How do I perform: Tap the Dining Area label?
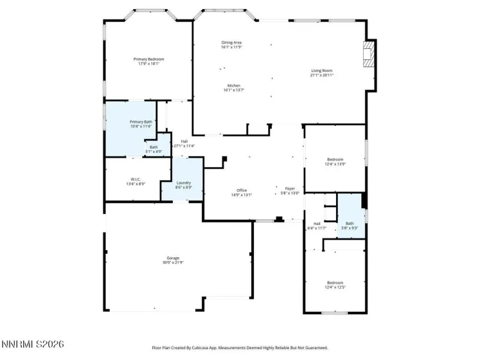point(231,42)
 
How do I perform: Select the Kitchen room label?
point(233,85)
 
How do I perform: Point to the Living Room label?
point(321,71)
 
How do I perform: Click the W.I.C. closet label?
point(136,179)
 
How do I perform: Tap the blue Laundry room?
point(184,183)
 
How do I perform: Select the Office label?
point(242,190)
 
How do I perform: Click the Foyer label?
point(290,188)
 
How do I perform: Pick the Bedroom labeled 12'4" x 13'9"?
point(335,159)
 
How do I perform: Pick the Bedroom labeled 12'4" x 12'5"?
point(335,282)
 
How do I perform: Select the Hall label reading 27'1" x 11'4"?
point(184,141)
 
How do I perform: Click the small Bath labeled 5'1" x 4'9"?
point(154,147)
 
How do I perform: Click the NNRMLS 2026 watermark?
point(32,346)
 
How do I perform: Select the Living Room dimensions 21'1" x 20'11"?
point(321,75)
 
